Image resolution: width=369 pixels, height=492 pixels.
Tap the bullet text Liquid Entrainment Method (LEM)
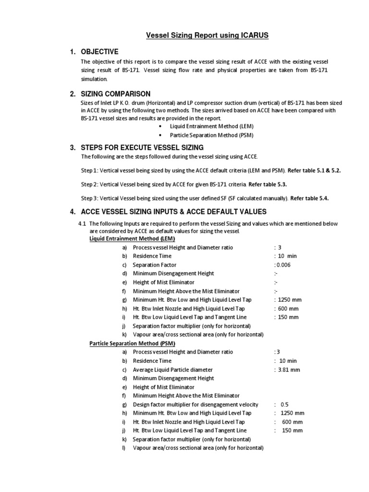tap(211, 126)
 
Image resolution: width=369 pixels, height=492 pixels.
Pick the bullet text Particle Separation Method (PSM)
tap(212, 135)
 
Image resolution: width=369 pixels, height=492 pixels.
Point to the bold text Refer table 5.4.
tap(310, 198)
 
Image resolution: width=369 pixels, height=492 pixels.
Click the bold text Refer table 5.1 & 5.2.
tap(318, 170)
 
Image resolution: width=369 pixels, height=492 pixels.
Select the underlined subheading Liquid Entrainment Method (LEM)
tap(133, 239)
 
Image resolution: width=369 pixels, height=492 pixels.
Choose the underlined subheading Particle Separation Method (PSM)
tap(133, 344)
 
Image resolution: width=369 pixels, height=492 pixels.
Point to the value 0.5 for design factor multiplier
tap(284, 405)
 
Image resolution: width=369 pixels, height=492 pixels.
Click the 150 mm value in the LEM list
tap(288, 317)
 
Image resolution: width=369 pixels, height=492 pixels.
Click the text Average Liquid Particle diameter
tap(172, 369)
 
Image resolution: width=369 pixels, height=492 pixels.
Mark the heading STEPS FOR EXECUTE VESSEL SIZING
tap(142, 147)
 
